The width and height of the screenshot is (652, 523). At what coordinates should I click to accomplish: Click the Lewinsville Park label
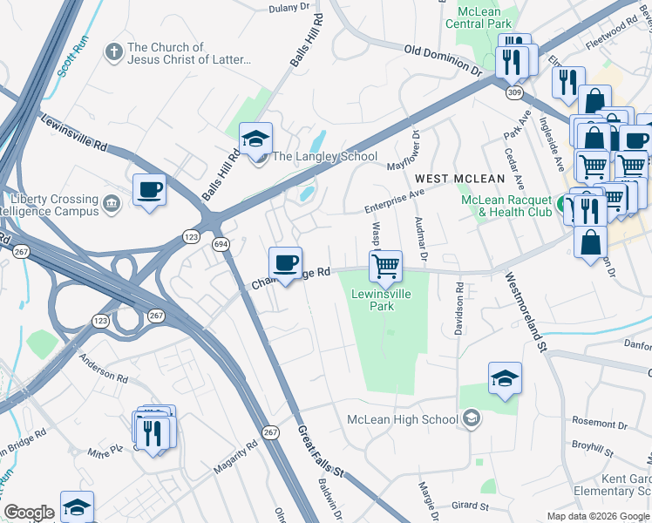tap(381, 300)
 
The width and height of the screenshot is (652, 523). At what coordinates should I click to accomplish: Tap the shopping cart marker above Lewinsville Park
tap(385, 266)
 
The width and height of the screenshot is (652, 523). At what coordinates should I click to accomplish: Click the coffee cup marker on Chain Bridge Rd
tap(284, 263)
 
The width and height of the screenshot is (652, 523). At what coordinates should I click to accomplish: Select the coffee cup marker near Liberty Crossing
tap(149, 189)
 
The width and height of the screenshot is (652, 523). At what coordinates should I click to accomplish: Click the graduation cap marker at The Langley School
tap(255, 139)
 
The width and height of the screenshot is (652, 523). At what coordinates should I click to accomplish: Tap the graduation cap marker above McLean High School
tap(505, 379)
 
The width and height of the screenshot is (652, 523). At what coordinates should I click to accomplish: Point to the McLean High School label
tap(403, 419)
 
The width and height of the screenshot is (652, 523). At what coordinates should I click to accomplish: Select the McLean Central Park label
tap(479, 17)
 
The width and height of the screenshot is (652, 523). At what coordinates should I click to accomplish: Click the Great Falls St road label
tap(321, 450)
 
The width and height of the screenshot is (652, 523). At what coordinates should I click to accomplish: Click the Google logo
tap(29, 513)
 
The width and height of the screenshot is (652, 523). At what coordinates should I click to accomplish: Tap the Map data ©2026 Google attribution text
tap(597, 516)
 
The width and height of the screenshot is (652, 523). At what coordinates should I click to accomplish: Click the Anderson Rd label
tap(103, 367)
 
